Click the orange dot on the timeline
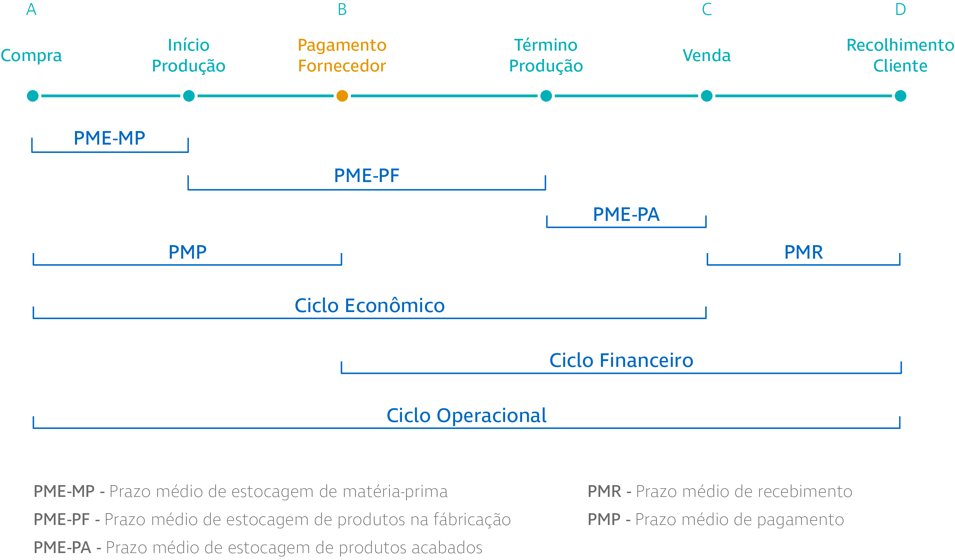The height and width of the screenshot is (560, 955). pyautogui.click(x=342, y=96)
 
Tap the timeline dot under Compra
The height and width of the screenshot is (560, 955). pyautogui.click(x=33, y=96)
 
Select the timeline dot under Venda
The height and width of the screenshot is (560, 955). pyautogui.click(x=707, y=96)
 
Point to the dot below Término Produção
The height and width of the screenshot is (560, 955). pyautogui.click(x=546, y=96)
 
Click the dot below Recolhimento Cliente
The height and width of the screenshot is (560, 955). pyautogui.click(x=900, y=96)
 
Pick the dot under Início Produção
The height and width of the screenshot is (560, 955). pyautogui.click(x=189, y=96)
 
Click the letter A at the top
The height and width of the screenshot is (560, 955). pyautogui.click(x=32, y=9)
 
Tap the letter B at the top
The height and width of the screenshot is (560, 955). pyautogui.click(x=342, y=9)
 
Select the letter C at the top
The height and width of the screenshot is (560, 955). pyautogui.click(x=707, y=9)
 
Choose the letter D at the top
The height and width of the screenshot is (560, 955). pyautogui.click(x=900, y=9)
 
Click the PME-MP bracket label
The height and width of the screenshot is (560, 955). pyautogui.click(x=109, y=138)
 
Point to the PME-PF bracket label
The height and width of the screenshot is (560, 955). pyautogui.click(x=367, y=176)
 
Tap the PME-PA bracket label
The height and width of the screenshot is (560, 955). pyautogui.click(x=627, y=214)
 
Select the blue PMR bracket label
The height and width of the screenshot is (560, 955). pyautogui.click(x=803, y=252)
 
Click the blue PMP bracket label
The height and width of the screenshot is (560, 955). pyautogui.click(x=187, y=252)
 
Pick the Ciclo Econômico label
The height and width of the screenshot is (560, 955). pyautogui.click(x=369, y=305)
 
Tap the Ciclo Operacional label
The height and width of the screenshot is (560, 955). pyautogui.click(x=467, y=416)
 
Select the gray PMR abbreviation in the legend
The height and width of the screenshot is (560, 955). pyautogui.click(x=604, y=491)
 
